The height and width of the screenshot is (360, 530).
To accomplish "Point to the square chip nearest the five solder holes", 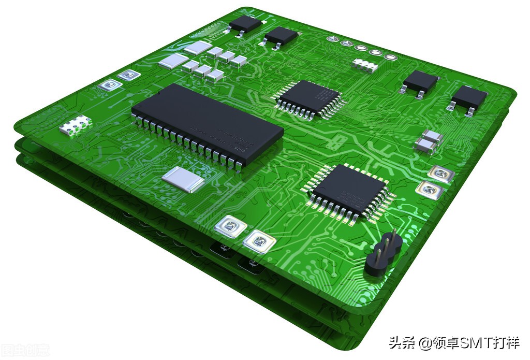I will (307, 97).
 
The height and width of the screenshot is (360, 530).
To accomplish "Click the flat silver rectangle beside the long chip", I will (183, 180).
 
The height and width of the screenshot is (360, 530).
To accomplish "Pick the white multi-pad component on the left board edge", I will (76, 125).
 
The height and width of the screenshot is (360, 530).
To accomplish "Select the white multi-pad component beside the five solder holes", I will (364, 65).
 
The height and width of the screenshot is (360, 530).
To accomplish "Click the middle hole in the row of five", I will (361, 48).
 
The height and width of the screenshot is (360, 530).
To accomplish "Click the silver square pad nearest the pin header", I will (430, 190).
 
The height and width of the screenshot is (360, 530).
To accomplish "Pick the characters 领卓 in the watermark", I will (445, 343).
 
